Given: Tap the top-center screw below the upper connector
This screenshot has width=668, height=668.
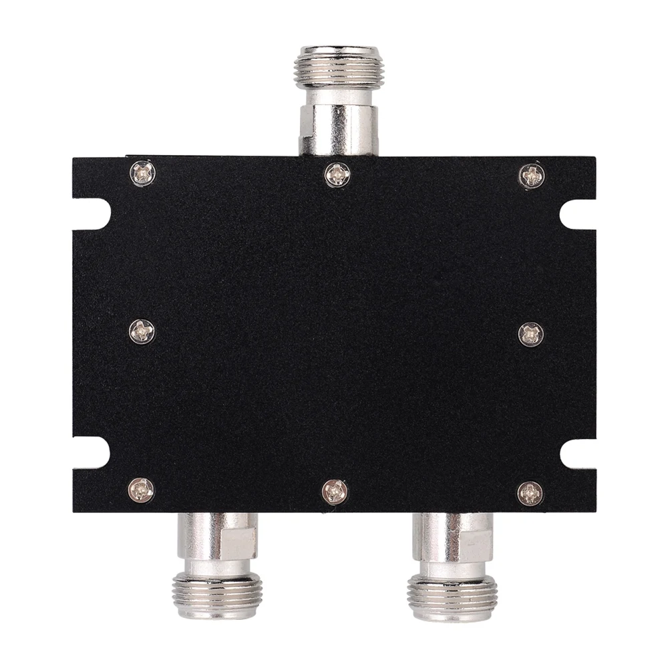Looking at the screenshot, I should point(337,175).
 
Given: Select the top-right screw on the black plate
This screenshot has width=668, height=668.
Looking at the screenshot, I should point(532,175).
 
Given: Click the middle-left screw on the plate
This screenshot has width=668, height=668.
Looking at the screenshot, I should point(142,331).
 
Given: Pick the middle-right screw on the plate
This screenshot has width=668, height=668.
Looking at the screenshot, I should point(531,334).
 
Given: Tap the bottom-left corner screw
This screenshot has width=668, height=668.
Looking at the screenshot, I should point(141,490).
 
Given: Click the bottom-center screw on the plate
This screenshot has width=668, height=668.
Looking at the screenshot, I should point(335,492).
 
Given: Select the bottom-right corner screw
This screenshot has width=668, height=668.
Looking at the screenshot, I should point(530,493).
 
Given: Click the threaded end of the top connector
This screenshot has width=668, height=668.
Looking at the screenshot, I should point(337,67).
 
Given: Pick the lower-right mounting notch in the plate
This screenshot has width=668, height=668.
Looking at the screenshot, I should point(575,454).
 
